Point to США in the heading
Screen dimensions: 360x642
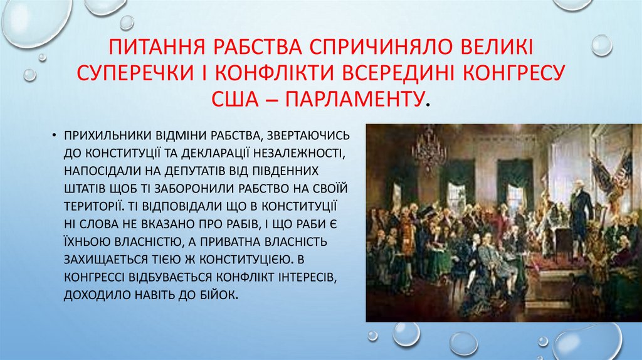point(238,97)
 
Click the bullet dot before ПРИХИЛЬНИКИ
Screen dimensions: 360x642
point(55,135)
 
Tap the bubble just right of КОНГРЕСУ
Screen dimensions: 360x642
point(601,45)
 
